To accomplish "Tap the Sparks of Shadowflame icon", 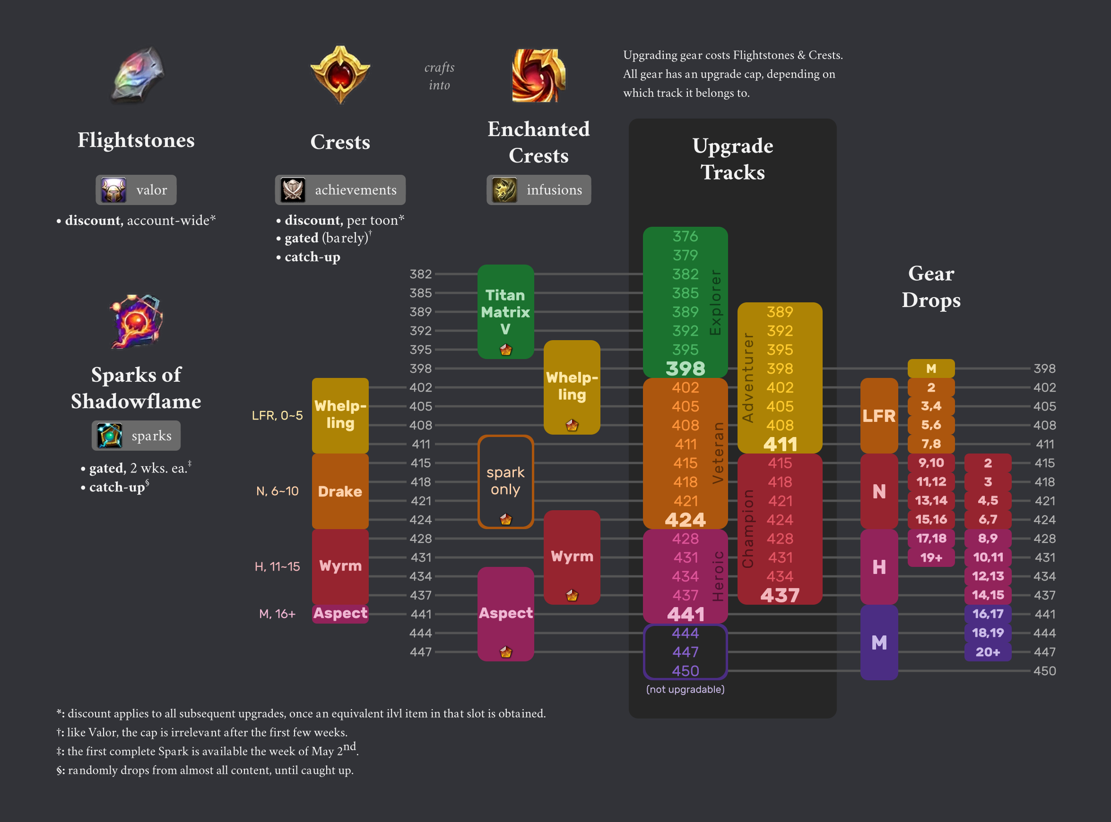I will pyautogui.click(x=136, y=321).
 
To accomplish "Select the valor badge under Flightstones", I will pyautogui.click(x=136, y=189).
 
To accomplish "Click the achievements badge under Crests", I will pyautogui.click(x=340, y=189).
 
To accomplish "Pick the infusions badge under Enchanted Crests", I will pyautogui.click(x=538, y=189).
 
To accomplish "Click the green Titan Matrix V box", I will pyautogui.click(x=505, y=311).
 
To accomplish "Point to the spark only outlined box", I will pyautogui.click(x=505, y=481).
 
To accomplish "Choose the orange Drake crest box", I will pyautogui.click(x=340, y=491).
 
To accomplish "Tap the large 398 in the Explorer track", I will pyautogui.click(x=685, y=368).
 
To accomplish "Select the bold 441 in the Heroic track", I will pyautogui.click(x=685, y=615).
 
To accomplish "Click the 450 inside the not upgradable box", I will pyautogui.click(x=685, y=671).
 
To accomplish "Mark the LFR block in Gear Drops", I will pyautogui.click(x=879, y=415).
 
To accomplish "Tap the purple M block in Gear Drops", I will pyautogui.click(x=879, y=642).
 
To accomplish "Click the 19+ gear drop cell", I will pyautogui.click(x=931, y=557).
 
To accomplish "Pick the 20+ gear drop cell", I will pyautogui.click(x=988, y=652).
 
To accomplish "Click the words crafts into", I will pyautogui.click(x=439, y=76).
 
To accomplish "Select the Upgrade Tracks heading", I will pyautogui.click(x=732, y=159).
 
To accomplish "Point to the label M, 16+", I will pyautogui.click(x=278, y=614).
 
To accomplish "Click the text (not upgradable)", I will pyautogui.click(x=685, y=689).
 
